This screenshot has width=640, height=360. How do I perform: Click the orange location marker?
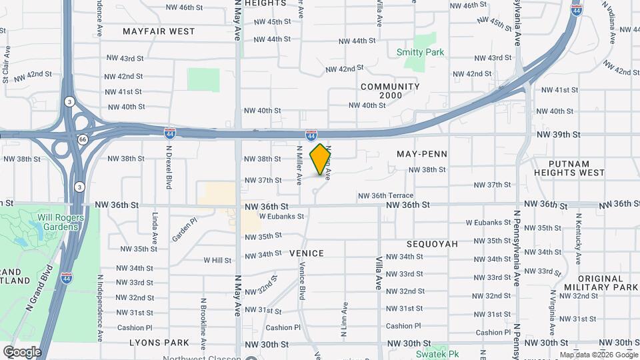(321, 159)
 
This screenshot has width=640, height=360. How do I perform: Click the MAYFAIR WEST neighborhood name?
(159, 31)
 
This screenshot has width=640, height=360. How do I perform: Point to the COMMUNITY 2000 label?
(390, 91)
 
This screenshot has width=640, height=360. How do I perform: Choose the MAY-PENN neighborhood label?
(421, 154)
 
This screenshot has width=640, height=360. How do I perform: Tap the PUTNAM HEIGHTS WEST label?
(577, 168)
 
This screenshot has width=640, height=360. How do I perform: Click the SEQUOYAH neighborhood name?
(433, 244)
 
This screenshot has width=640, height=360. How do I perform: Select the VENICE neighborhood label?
(307, 253)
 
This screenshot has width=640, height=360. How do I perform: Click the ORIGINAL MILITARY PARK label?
(607, 282)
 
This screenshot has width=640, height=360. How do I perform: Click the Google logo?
(22, 351)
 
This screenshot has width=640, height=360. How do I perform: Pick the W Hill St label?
(217, 260)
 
